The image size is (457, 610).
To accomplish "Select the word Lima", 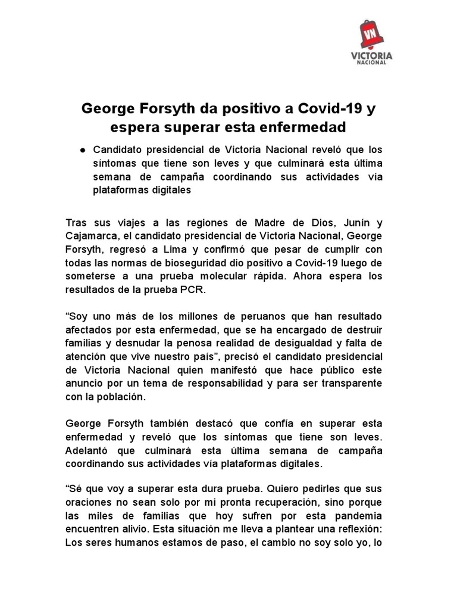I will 181,249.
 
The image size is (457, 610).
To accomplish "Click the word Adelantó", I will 91,450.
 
